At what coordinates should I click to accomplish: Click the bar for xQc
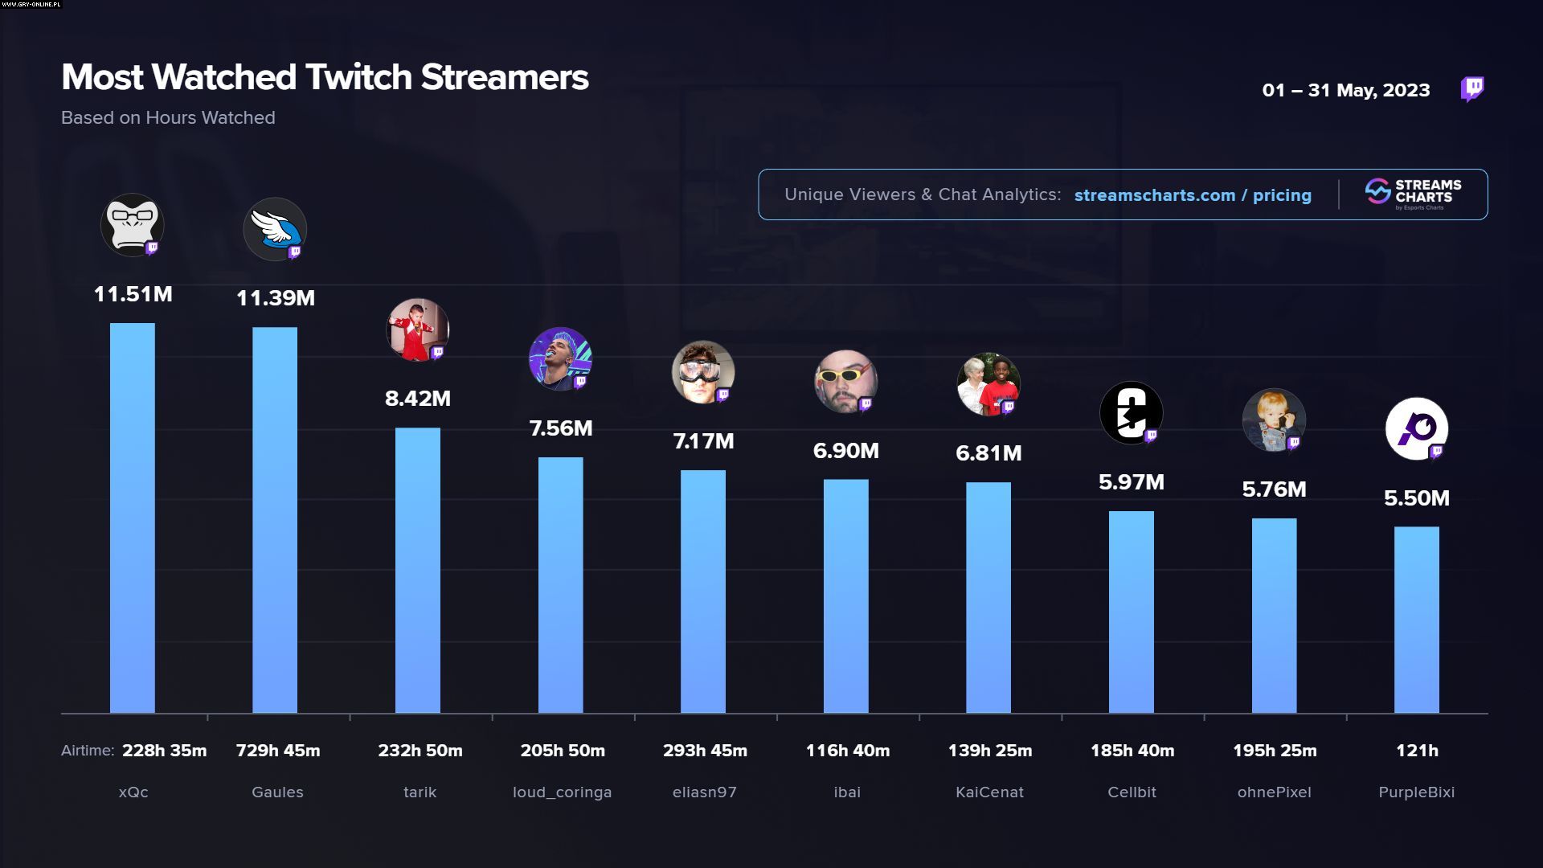[x=133, y=518]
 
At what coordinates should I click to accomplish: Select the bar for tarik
[x=418, y=570]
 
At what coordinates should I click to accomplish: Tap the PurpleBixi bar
[x=1417, y=620]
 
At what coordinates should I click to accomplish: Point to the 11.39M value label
[x=276, y=298]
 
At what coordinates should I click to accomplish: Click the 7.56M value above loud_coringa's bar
[x=561, y=428]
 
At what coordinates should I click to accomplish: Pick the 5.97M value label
[x=1132, y=482]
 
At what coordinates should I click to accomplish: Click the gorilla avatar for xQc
[x=132, y=225]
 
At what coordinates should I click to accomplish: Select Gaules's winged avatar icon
[x=275, y=229]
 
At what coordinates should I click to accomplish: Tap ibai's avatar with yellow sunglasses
[x=845, y=381]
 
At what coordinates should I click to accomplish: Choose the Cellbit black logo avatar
[x=1131, y=412]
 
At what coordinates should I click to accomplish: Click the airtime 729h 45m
[x=278, y=751]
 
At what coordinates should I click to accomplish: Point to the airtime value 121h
[x=1417, y=751]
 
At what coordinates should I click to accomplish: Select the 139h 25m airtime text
[x=990, y=751]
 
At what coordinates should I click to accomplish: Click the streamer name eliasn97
[x=705, y=792]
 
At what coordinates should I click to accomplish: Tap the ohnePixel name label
[x=1275, y=792]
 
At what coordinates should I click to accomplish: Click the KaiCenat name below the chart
[x=990, y=792]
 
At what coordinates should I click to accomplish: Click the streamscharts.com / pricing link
[x=1193, y=195]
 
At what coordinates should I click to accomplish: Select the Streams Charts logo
[x=1414, y=194]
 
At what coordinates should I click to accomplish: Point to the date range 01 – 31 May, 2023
[x=1346, y=90]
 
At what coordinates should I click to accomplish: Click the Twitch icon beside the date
[x=1472, y=89]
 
